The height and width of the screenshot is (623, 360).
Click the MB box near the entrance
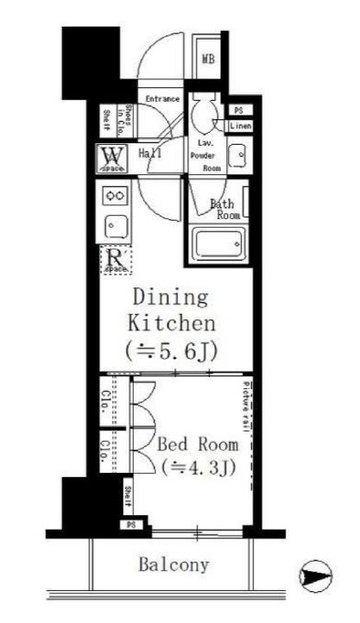(x=208, y=59)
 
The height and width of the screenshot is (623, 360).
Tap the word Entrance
(x=161, y=99)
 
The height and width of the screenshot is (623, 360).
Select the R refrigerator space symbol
(x=115, y=260)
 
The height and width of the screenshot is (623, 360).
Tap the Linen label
(x=240, y=127)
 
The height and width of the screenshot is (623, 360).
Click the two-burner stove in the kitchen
(x=115, y=196)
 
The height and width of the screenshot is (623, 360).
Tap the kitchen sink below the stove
(x=115, y=226)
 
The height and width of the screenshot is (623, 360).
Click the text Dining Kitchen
(x=170, y=311)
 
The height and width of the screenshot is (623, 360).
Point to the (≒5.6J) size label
(x=170, y=351)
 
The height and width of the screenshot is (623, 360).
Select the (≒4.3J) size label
(x=198, y=469)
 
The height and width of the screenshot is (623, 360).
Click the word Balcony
(x=174, y=565)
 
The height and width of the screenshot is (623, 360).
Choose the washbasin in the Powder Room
(x=238, y=155)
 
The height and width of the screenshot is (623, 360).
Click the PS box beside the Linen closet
(x=238, y=110)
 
